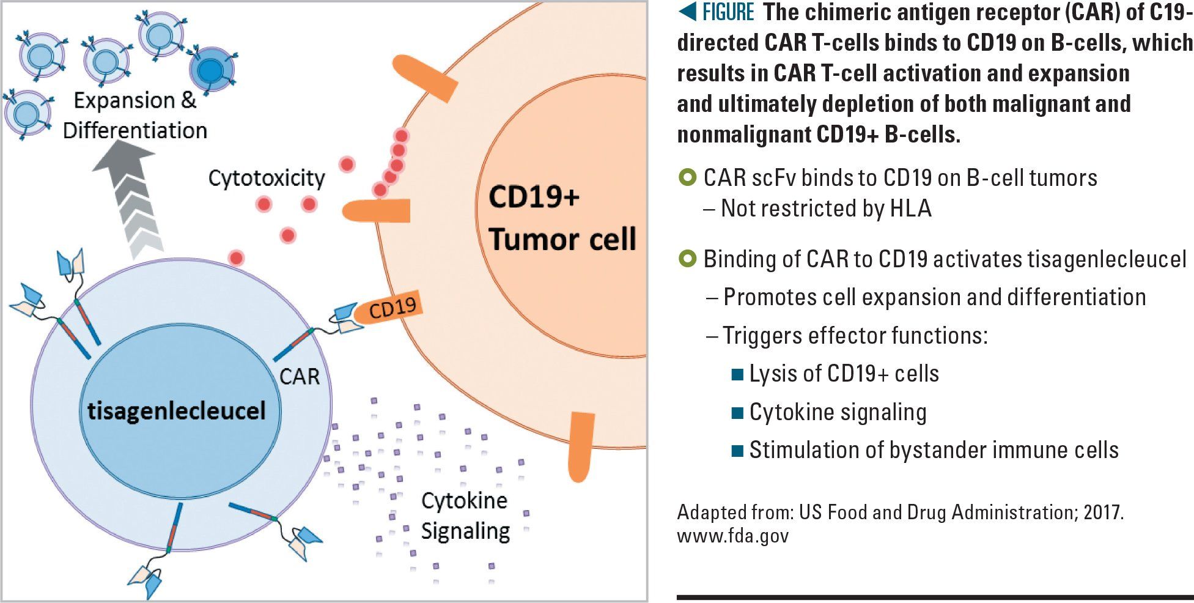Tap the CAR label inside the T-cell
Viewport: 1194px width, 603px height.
[300, 376]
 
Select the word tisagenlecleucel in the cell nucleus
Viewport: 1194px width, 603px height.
[177, 410]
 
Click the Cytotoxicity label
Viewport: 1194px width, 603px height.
[267, 179]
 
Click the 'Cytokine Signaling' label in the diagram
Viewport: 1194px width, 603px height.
[465, 516]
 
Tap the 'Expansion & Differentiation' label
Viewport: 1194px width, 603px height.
[135, 116]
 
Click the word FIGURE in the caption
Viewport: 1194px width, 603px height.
[729, 12]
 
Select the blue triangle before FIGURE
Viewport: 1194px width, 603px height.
[688, 12]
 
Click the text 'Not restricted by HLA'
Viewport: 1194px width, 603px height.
[826, 209]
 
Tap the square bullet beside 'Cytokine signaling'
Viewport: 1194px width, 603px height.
[737, 413]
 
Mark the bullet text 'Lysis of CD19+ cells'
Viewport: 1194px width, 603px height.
[844, 374]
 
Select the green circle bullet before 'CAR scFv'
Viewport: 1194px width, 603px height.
[688, 178]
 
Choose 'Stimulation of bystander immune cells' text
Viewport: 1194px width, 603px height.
[934, 450]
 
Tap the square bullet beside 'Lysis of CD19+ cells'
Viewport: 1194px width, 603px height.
[737, 374]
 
